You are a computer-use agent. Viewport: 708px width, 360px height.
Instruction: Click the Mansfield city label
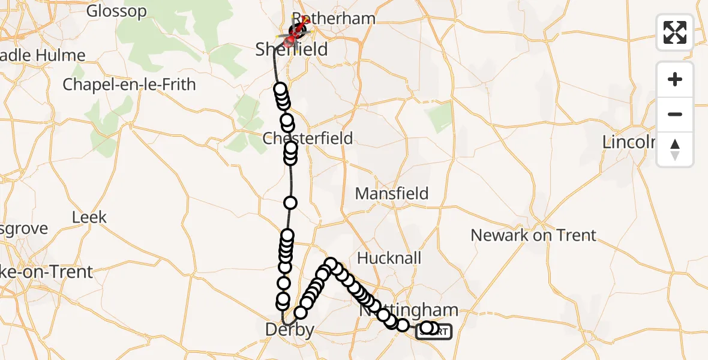pyautogui.click(x=392, y=194)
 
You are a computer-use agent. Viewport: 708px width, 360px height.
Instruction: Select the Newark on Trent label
pyautogui.click(x=533, y=235)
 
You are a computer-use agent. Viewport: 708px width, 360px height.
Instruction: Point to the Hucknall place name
pyautogui.click(x=389, y=258)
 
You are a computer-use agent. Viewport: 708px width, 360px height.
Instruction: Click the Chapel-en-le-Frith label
pyautogui.click(x=129, y=85)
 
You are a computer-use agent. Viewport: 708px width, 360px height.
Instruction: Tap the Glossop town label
pyautogui.click(x=116, y=11)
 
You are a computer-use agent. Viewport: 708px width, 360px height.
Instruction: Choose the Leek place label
pyautogui.click(x=89, y=217)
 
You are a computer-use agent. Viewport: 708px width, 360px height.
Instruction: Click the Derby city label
pyautogui.click(x=290, y=329)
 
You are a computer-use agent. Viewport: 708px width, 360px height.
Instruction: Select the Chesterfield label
pyautogui.click(x=308, y=139)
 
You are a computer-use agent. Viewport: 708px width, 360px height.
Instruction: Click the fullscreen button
pyautogui.click(x=675, y=32)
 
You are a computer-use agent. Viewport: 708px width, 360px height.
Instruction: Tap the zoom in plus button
pyautogui.click(x=675, y=79)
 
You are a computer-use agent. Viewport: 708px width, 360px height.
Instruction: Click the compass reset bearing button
pyautogui.click(x=675, y=149)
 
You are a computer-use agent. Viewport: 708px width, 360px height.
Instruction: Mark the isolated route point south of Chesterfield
pyautogui.click(x=290, y=203)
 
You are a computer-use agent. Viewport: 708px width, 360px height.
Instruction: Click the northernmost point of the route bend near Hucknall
pyautogui.click(x=330, y=263)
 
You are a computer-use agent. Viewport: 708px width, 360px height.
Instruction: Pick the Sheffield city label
pyautogui.click(x=292, y=49)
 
